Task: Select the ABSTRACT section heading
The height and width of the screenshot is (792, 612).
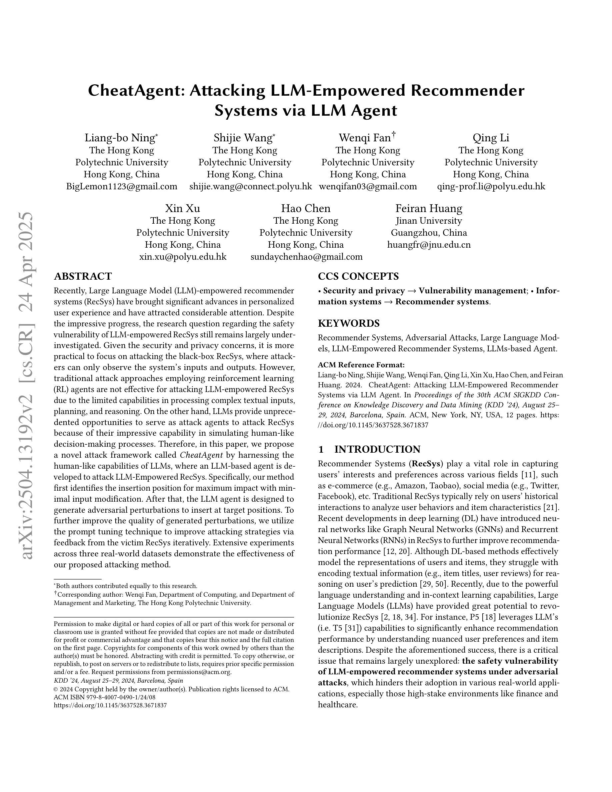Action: [83, 276]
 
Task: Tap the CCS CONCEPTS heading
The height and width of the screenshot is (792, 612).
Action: [358, 276]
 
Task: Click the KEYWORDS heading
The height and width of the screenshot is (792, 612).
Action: [349, 323]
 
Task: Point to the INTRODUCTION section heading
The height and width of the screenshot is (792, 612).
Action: [377, 449]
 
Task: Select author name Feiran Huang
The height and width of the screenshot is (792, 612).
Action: [429, 209]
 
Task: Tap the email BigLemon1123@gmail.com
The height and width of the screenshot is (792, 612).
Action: [122, 186]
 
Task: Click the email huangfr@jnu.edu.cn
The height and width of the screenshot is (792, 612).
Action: [429, 245]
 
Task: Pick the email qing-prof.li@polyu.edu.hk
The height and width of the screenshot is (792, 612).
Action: [491, 186]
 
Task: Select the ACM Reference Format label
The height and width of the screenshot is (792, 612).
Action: [361, 365]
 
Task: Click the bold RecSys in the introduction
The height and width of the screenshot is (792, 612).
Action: [425, 464]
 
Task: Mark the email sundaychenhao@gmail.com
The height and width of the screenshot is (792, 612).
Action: [306, 257]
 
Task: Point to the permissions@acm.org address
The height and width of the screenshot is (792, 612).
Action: [198, 672]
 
